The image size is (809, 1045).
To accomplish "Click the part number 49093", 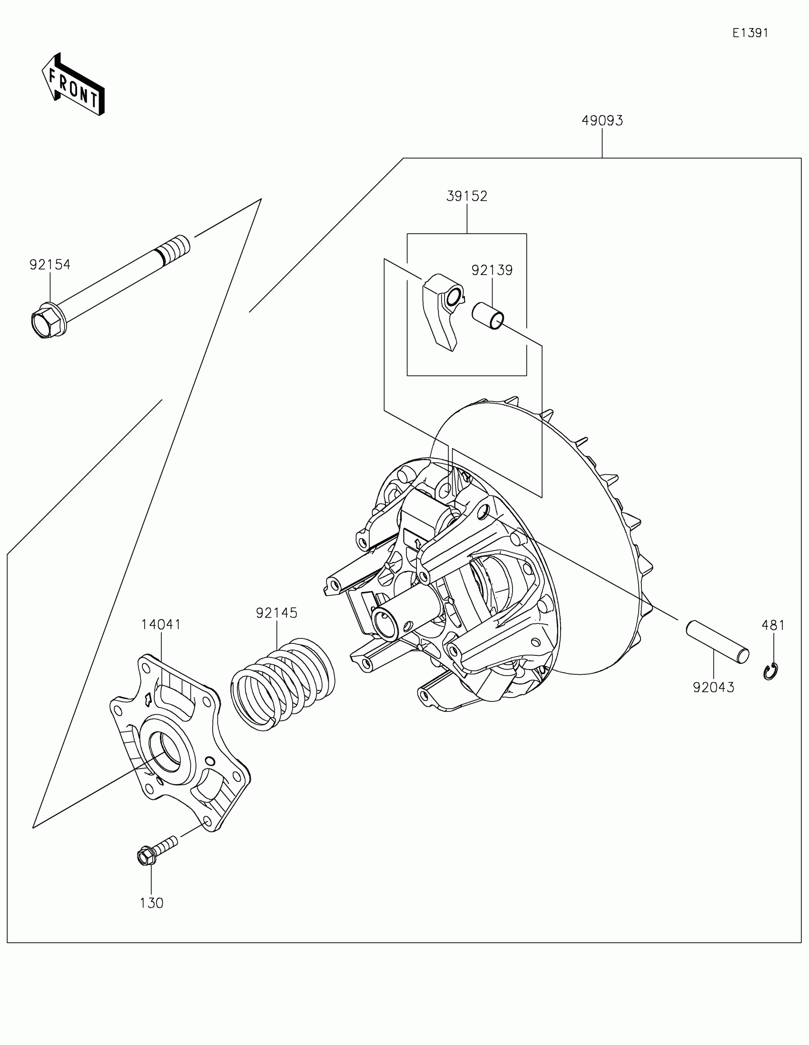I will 602,121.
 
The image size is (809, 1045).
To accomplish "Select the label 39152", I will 466,196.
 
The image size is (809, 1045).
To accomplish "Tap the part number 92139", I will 492,270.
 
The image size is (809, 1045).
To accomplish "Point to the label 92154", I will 50,265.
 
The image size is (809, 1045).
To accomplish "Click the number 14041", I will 161,625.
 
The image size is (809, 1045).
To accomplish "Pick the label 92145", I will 276,613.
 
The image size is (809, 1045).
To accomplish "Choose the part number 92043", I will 713,688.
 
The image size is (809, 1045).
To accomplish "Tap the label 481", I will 773,625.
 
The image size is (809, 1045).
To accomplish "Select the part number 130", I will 152,903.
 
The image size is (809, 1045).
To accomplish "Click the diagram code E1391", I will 750,33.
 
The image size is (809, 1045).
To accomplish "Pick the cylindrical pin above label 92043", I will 718,641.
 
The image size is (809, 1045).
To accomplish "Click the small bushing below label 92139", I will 488,316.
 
